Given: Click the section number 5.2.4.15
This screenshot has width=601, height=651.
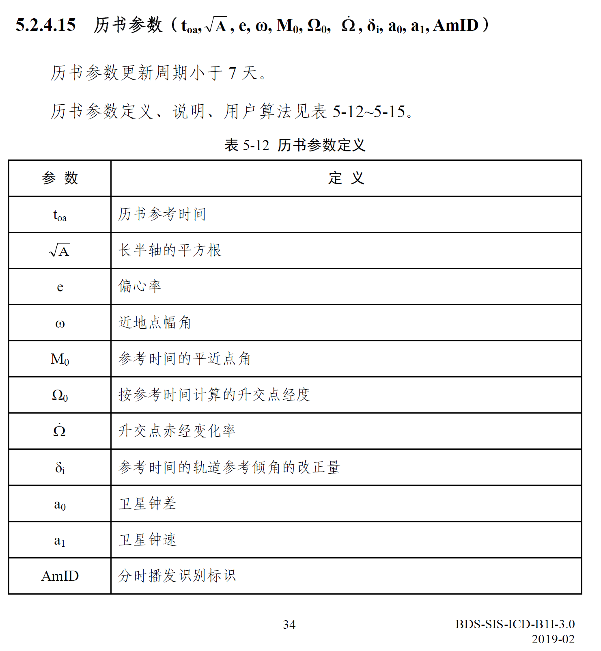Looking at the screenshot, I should pos(45,25).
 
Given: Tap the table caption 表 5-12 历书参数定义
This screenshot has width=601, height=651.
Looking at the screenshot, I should pos(295,145).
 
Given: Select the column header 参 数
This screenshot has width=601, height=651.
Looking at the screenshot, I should pos(60,178).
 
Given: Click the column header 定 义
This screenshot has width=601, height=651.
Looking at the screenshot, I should pos(346,178).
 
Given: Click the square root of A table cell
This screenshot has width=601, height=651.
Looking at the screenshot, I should pos(60,251).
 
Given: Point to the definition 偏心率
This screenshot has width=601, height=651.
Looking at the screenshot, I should pos(140,287).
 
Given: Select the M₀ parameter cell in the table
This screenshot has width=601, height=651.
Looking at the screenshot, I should pos(60,359).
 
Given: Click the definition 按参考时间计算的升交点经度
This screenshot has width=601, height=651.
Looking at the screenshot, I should pos(214,395).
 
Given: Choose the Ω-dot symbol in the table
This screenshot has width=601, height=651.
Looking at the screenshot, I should pos(60,430).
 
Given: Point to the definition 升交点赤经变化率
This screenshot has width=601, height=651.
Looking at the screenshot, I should pos(177,431).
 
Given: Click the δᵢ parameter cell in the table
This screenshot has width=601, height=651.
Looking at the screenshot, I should pos(60,468).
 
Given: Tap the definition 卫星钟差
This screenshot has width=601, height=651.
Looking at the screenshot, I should pos(147,504).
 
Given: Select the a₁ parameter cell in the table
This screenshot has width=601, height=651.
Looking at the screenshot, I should pos(60,540).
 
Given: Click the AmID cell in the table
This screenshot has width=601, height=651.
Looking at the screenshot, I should pos(60,576).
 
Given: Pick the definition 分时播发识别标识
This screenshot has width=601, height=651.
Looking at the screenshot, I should pos(177,576).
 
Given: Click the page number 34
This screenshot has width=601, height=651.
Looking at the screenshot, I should pos(289,624).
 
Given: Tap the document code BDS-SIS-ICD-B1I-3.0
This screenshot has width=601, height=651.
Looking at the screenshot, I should pos(515,624).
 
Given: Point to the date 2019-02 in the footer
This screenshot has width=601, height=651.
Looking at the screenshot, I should pos(553,639).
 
